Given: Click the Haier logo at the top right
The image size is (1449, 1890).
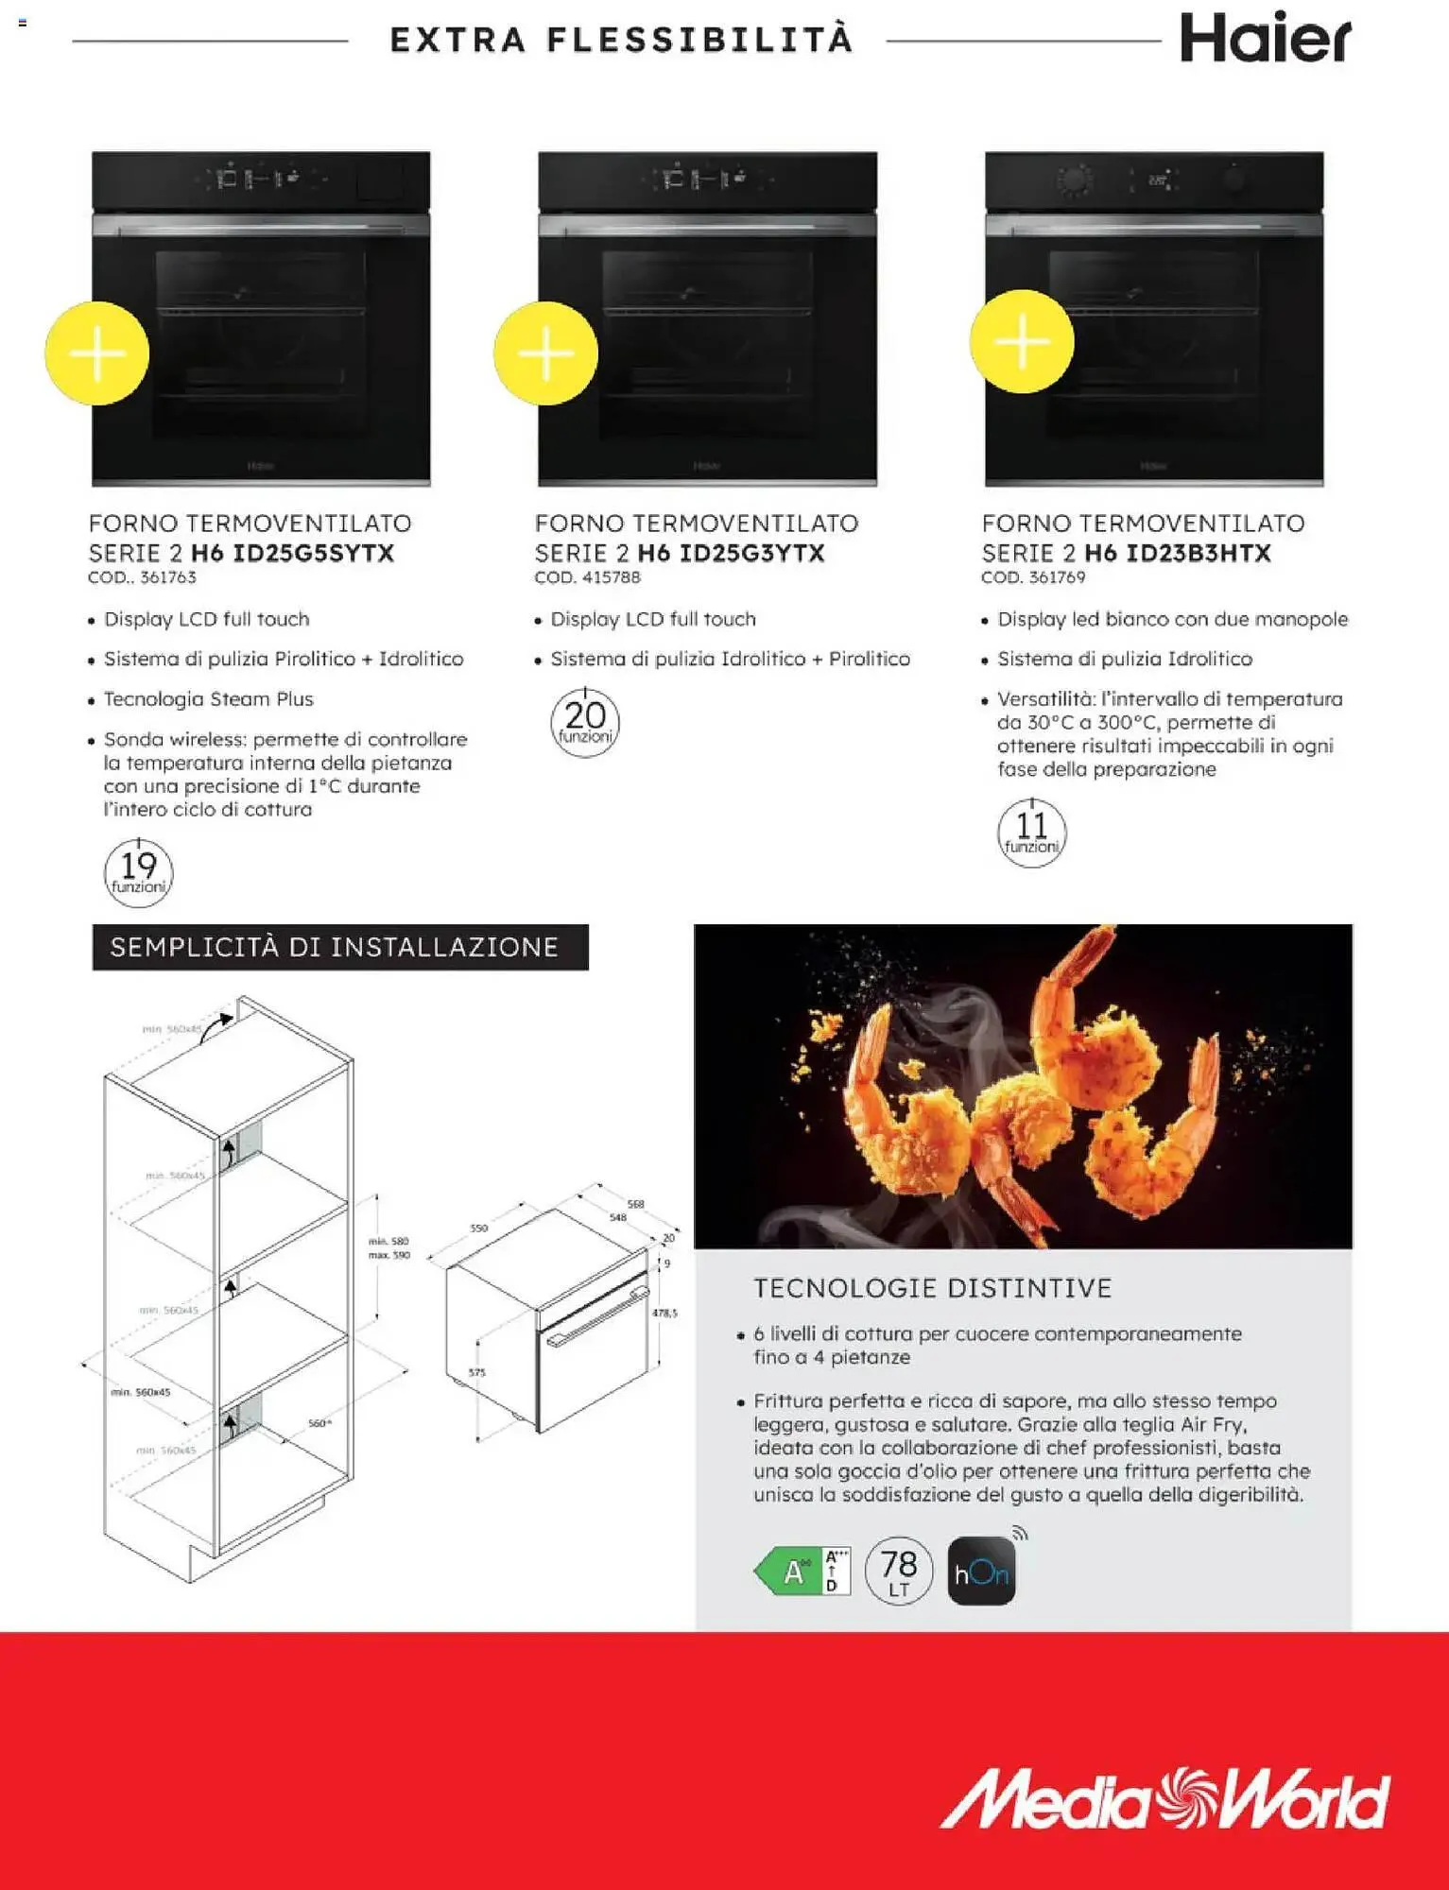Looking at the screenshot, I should pos(1265,39).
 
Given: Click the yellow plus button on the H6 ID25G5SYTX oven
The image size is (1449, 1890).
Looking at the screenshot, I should pos(97,353).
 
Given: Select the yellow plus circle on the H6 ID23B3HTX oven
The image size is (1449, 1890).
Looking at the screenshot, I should pos(1022,341).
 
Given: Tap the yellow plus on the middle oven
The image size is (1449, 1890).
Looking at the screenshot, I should pos(545,353).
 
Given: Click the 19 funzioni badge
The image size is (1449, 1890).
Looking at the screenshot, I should pos(138,872).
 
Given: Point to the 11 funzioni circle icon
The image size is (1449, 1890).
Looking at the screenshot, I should pos(1031,833).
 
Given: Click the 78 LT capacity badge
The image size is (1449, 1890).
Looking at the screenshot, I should pos(898,1571).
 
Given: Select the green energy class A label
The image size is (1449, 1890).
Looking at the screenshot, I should pos(802,1572).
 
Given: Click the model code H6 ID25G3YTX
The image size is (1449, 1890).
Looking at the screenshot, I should pos(731,553).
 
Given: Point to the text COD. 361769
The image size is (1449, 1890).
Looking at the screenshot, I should pos(1033,577).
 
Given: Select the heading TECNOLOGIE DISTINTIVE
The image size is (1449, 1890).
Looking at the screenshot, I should pos(932,1288).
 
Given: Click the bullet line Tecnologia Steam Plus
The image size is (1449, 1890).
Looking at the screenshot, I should pos(208,699).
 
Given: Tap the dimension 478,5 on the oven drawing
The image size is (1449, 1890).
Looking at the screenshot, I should pos(664,1313).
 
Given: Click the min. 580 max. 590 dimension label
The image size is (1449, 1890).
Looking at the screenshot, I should pos(388,1247).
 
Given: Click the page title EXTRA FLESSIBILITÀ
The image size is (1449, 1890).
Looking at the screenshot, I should pos(621,41).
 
